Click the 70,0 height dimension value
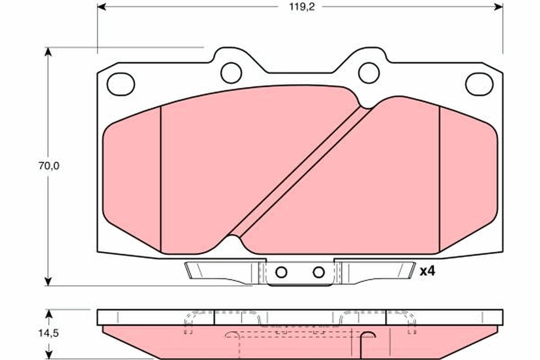(x=49, y=166)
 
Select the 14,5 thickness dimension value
(x=49, y=333)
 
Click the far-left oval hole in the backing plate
(x=121, y=84)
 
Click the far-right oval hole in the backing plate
(x=479, y=84)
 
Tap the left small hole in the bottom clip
(x=281, y=272)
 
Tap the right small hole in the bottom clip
(x=319, y=272)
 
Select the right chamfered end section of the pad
(x=468, y=180)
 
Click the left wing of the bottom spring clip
(x=220, y=272)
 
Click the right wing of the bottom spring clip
(x=378, y=272)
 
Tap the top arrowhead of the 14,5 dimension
(x=49, y=313)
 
